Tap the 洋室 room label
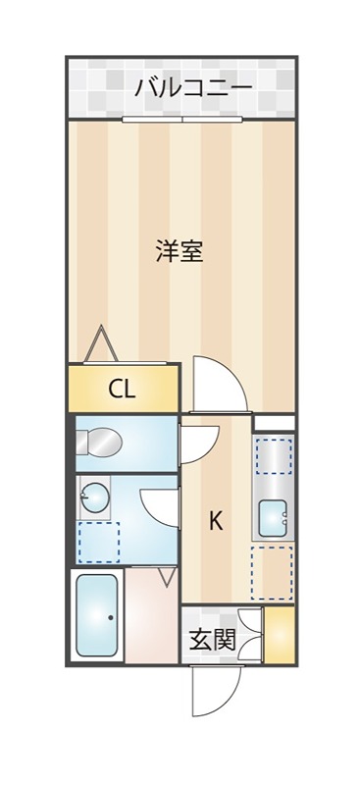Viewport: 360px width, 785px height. [x=179, y=250]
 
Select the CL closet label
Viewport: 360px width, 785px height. [x=122, y=390]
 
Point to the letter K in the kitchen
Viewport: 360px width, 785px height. [x=215, y=521]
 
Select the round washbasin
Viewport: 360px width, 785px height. [x=96, y=498]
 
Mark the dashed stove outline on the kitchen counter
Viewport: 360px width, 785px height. [x=274, y=456]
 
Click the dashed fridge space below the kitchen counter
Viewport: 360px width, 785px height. [x=272, y=571]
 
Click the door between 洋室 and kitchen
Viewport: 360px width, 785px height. [x=219, y=386]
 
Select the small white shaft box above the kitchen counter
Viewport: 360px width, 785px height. [x=274, y=423]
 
